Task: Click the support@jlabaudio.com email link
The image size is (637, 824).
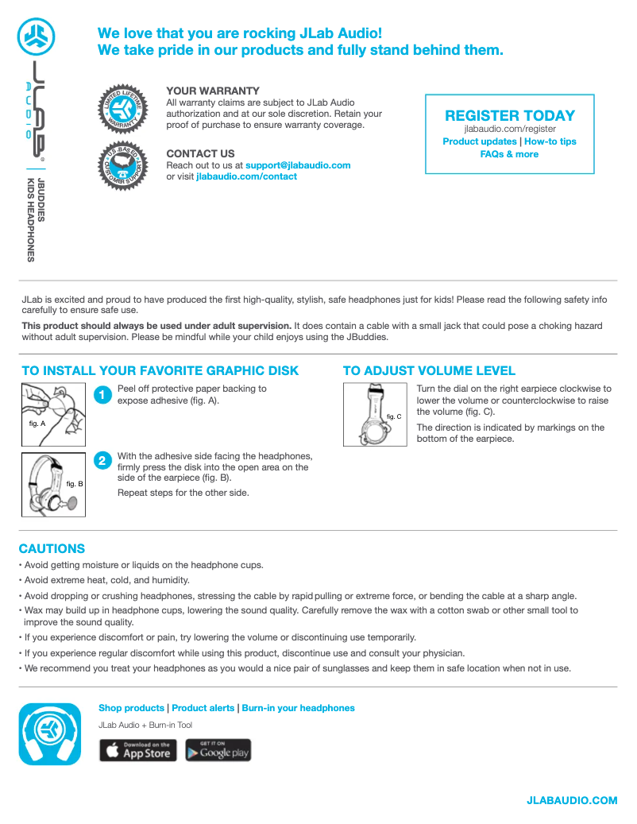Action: click(x=298, y=165)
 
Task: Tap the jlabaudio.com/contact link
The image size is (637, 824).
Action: click(x=246, y=176)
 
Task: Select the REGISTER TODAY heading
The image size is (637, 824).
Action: click(x=510, y=115)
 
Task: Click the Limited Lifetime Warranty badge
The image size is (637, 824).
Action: click(x=124, y=110)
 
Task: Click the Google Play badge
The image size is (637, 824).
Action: click(x=218, y=750)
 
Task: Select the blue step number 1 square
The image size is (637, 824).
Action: click(x=102, y=395)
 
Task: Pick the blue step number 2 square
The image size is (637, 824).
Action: click(x=102, y=461)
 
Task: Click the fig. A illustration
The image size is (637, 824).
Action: click(x=53, y=414)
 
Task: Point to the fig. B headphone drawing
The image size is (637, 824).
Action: click(x=53, y=483)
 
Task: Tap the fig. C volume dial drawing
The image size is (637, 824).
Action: click(x=375, y=414)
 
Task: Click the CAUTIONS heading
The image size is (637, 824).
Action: click(x=52, y=548)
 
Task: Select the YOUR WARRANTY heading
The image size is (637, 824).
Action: click(x=213, y=91)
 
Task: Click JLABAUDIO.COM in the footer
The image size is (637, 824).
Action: click(x=572, y=800)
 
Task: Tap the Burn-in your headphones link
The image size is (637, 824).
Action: click(x=298, y=708)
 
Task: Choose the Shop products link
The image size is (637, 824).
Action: click(x=131, y=708)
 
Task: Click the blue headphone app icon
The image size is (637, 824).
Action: click(x=51, y=734)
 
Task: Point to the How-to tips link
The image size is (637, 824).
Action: click(x=550, y=141)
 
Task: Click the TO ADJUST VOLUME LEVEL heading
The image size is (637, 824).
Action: click(x=429, y=370)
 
